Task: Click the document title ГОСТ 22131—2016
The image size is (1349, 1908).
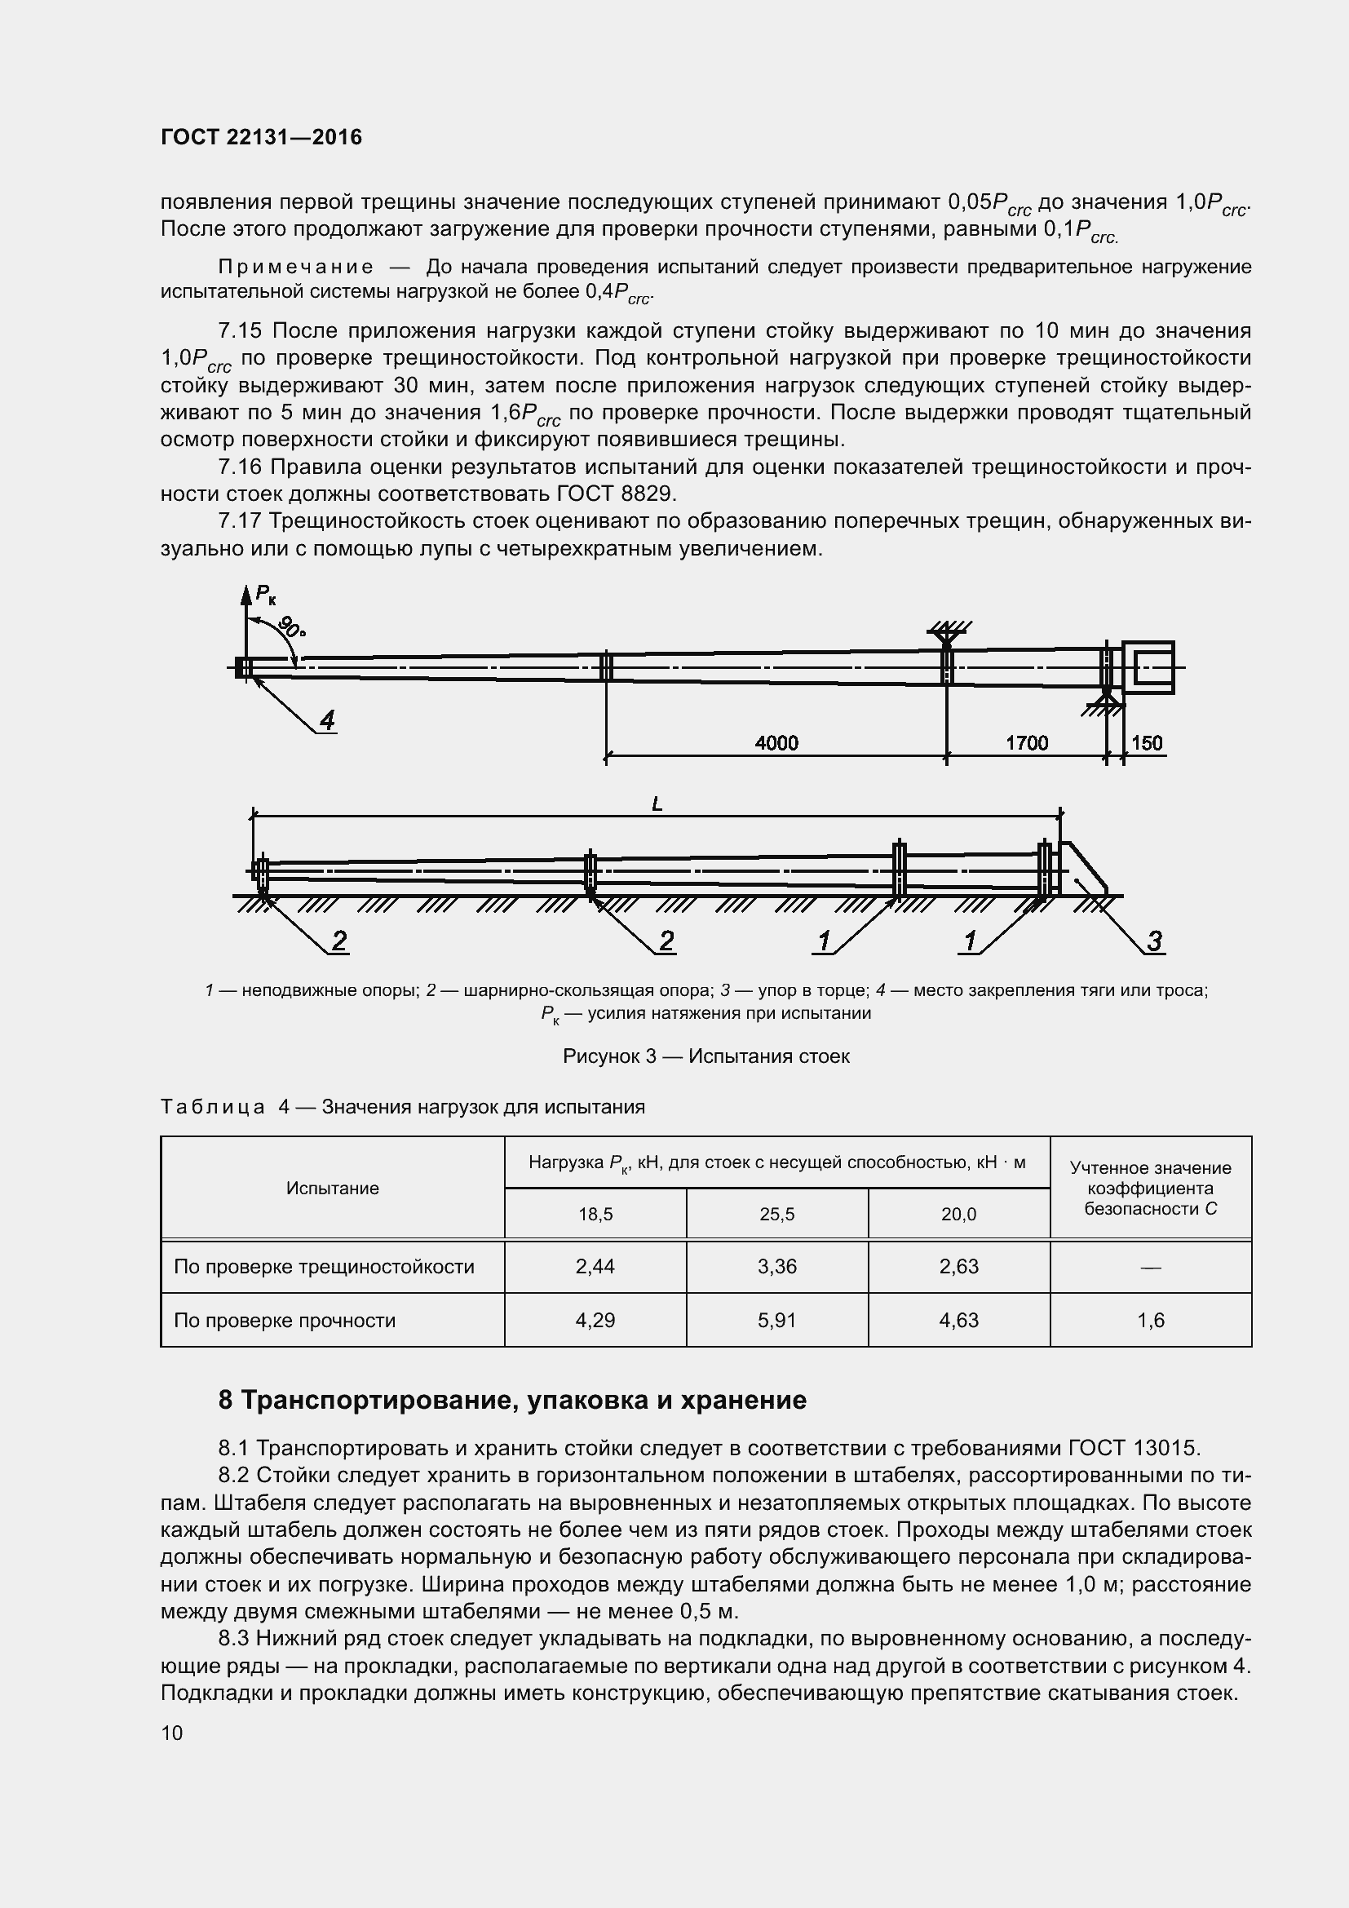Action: pyautogui.click(x=262, y=137)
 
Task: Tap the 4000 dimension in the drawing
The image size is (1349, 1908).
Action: pyautogui.click(x=776, y=742)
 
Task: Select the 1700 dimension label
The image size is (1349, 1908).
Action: pyautogui.click(x=1027, y=742)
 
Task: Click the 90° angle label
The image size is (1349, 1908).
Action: pyautogui.click(x=290, y=626)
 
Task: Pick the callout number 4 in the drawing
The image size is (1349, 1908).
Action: pyautogui.click(x=327, y=719)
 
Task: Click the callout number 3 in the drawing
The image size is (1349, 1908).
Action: pyautogui.click(x=1154, y=941)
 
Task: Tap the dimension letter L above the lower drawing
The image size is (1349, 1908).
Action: pyautogui.click(x=657, y=803)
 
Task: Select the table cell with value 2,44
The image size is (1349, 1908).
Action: pyautogui.click(x=595, y=1267)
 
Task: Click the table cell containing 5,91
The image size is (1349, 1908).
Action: pyautogui.click(x=776, y=1320)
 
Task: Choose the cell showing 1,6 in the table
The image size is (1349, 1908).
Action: pyautogui.click(x=1151, y=1320)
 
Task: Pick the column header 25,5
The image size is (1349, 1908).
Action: pyautogui.click(x=776, y=1214)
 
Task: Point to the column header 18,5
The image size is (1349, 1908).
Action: pyautogui.click(x=595, y=1214)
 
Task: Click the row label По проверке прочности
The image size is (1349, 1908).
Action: pyautogui.click(x=284, y=1320)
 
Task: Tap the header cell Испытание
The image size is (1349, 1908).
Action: pyautogui.click(x=332, y=1189)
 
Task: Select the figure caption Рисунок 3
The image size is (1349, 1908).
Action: pyautogui.click(x=706, y=1056)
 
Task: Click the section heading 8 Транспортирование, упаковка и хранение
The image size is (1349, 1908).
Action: pyautogui.click(x=511, y=1401)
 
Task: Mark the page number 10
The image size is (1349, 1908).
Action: pyautogui.click(x=172, y=1733)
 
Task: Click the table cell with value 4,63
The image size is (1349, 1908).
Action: pyautogui.click(x=958, y=1320)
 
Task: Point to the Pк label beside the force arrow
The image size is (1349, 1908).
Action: pyautogui.click(x=266, y=593)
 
